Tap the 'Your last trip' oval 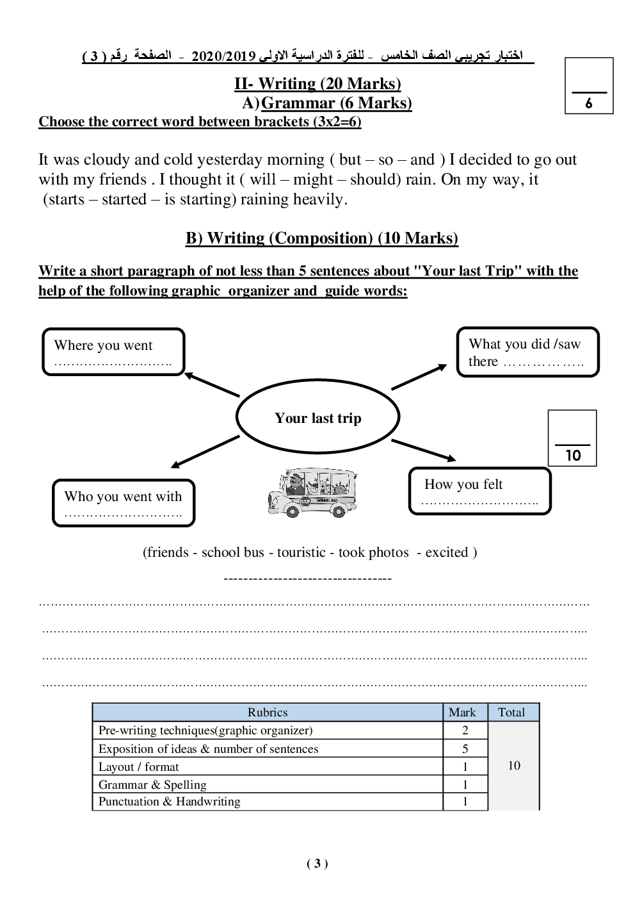pos(317,418)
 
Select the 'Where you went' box pos(113,352)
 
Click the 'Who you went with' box pos(123,503)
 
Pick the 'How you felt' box pos(479,491)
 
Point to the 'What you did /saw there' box pos(527,352)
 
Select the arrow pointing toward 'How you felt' pos(423,450)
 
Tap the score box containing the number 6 pos(589,86)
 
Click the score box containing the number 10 pos(572,438)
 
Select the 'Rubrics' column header pos(268,713)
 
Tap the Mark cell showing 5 pos(465,748)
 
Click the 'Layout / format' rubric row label pos(139,767)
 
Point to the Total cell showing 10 pos(513,766)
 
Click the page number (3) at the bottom pos(317,864)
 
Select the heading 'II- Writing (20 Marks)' pos(317,84)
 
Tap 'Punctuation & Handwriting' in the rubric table pos(170,802)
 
